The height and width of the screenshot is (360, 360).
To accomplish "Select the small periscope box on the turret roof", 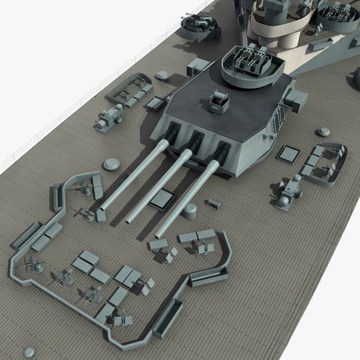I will point(220,102).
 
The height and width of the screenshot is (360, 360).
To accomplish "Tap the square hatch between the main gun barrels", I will point(161,199).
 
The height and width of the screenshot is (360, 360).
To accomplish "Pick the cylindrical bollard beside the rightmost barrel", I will point(190,211).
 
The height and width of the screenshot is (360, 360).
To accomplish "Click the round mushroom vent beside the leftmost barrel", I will point(112,164).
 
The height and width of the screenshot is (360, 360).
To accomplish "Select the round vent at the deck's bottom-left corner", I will point(29,352).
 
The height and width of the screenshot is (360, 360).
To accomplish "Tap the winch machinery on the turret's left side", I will point(109,118).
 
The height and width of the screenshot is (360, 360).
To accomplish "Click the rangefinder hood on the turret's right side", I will point(297,100).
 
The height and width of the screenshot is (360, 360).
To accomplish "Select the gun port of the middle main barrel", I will point(194,142).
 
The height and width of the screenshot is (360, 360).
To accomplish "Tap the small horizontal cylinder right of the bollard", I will point(212,204).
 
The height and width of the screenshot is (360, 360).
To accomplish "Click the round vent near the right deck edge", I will point(323,132).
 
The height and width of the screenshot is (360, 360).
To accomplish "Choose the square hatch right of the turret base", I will point(289,154).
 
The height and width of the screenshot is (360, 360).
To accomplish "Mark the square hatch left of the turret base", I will point(155,103).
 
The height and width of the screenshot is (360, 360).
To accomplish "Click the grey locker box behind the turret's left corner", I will point(198,67).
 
